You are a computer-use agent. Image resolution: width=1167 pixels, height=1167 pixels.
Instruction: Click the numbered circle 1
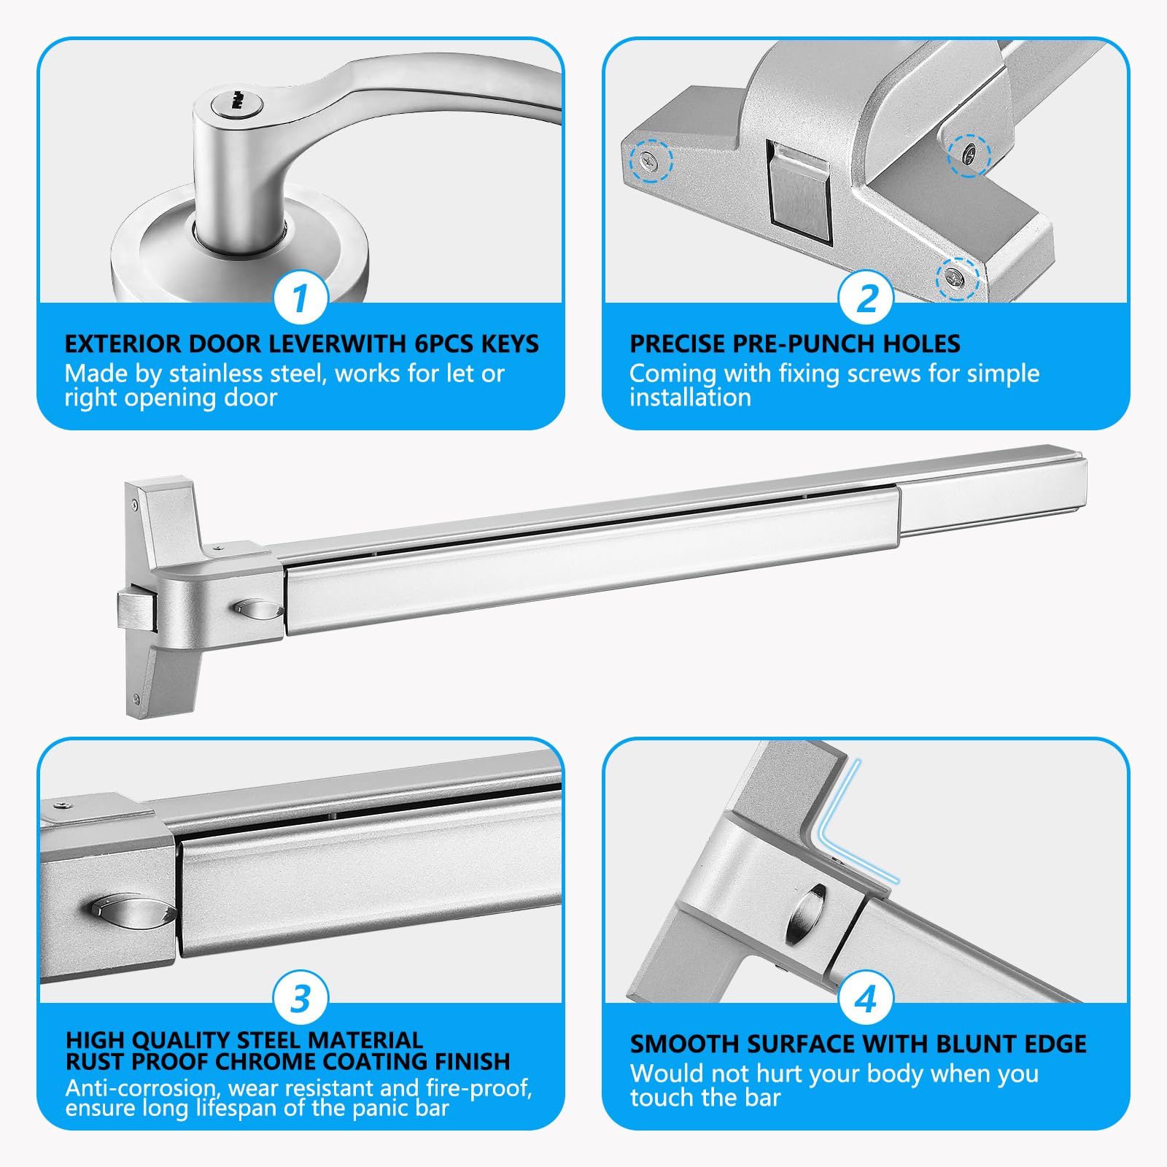(301, 298)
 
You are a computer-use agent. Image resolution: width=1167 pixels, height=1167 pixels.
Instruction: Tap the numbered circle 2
(866, 298)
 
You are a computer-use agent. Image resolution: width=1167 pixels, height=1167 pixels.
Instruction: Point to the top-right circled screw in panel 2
(968, 153)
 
